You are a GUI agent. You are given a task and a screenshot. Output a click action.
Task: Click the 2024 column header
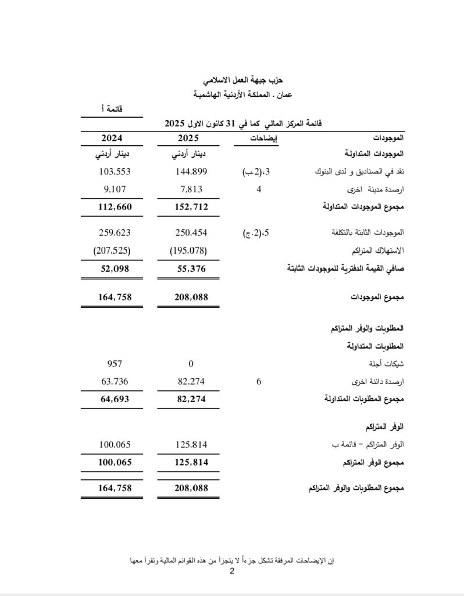[112, 139]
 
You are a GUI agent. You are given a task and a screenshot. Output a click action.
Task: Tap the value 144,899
[191, 172]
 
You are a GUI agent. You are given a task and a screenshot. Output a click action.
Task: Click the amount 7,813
[191, 189]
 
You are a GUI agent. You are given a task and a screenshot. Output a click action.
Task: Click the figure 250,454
[191, 232]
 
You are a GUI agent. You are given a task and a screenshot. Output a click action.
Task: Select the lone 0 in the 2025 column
[191, 364]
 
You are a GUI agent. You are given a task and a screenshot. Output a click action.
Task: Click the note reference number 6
[258, 382]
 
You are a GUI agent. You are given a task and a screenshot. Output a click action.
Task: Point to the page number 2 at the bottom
[231, 572]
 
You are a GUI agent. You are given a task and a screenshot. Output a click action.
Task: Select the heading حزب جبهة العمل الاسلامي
[233, 79]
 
